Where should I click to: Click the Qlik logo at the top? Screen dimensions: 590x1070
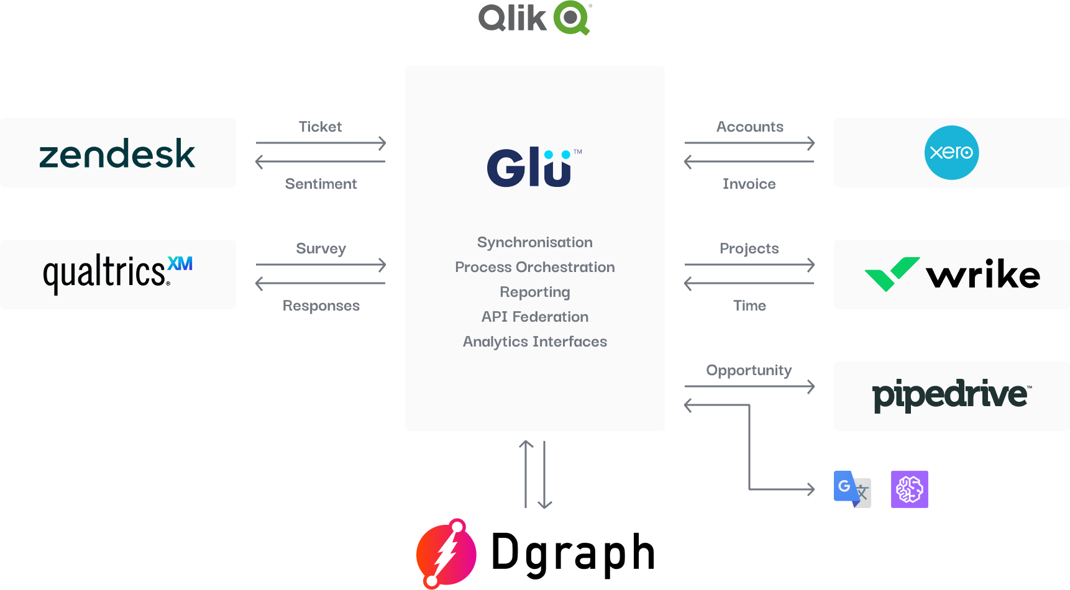(534, 18)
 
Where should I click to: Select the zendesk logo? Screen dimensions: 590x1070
(117, 153)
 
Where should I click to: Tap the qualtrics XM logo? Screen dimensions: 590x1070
(117, 273)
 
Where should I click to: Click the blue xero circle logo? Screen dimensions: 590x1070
(951, 153)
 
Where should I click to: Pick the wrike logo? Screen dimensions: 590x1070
(952, 275)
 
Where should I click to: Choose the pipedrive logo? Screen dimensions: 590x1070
(951, 395)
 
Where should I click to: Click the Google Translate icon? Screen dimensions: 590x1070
(852, 489)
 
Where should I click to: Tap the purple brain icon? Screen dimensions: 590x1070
(909, 489)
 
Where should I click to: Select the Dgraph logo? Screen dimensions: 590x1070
(536, 553)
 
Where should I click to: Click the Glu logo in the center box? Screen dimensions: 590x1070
(534, 168)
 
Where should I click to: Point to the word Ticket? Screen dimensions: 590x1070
(320, 127)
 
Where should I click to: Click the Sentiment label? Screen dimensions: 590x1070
(321, 184)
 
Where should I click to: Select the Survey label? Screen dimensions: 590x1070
(321, 248)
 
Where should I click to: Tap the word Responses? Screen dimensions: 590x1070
(321, 306)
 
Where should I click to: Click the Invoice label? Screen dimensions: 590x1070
(749, 184)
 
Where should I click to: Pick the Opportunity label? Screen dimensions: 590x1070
(749, 370)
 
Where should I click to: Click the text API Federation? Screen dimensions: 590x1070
(535, 317)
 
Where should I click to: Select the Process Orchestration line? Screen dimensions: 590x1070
(535, 267)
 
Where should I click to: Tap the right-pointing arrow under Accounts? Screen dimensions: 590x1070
(749, 143)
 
